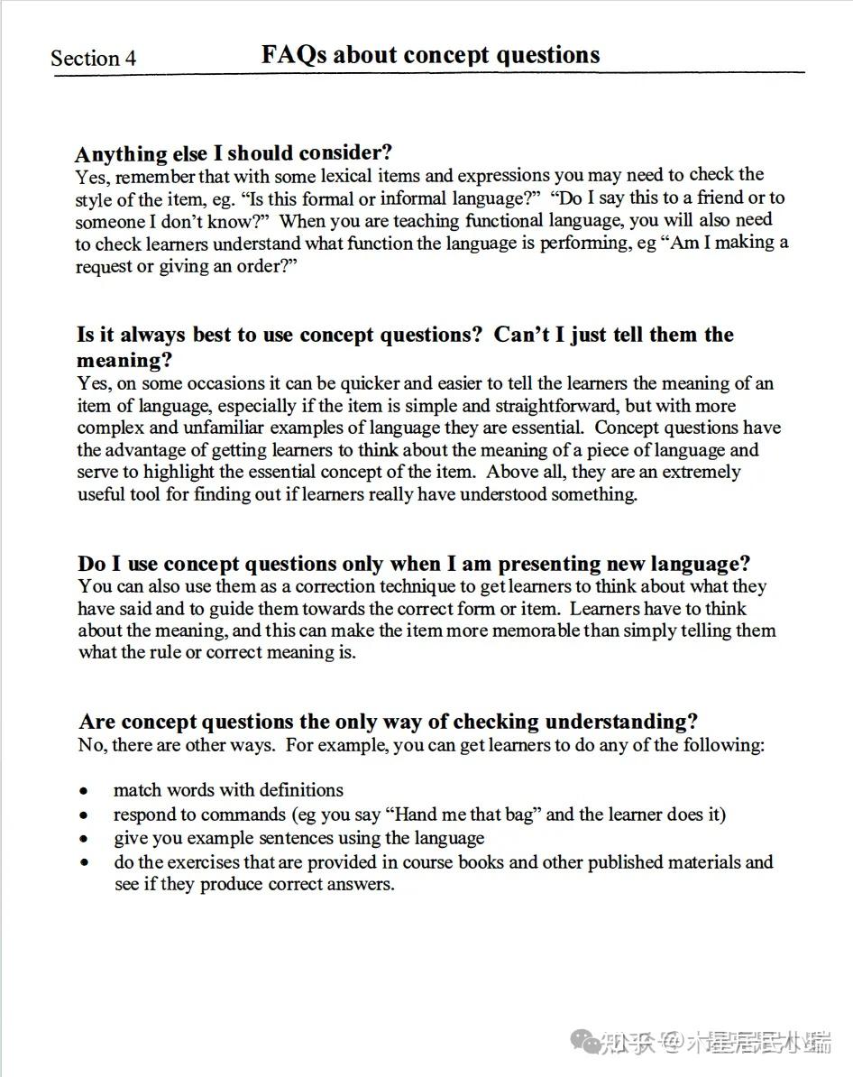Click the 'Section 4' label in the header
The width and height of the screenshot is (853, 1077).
point(94,59)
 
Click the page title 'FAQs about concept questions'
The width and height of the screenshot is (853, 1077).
point(430,55)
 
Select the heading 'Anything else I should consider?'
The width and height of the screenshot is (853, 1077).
point(234,152)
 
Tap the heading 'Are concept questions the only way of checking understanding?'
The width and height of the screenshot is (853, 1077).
point(389,722)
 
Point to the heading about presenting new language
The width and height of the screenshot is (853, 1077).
point(414,564)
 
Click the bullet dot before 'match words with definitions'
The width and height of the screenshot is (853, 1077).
point(84,791)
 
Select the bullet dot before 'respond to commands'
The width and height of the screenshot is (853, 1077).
point(84,815)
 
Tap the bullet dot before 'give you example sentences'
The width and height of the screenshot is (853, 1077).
point(84,839)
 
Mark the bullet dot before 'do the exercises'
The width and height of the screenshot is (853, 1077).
point(84,863)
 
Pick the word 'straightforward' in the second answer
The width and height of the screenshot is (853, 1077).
point(494,406)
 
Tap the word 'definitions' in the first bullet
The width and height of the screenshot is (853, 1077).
point(299,790)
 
